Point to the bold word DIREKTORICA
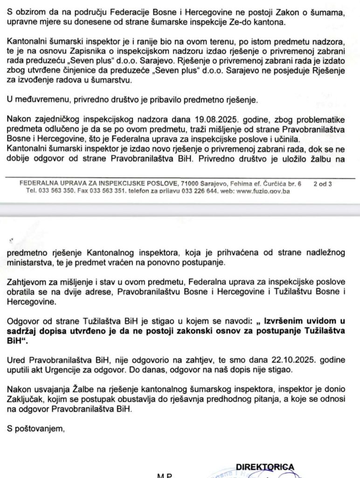pyautogui.click(x=265, y=467)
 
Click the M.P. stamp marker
pyautogui.click(x=165, y=475)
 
